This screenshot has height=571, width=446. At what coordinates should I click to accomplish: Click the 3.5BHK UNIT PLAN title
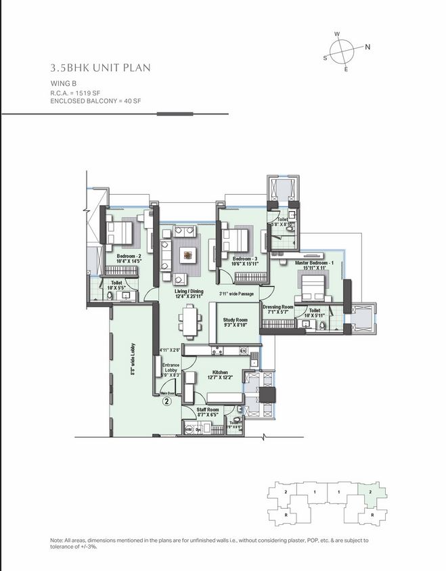click(x=100, y=67)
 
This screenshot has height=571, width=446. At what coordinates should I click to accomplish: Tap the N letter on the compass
click(x=368, y=47)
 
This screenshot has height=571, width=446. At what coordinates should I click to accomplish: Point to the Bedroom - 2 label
click(x=129, y=257)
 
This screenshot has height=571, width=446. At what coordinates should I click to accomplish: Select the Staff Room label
click(x=207, y=409)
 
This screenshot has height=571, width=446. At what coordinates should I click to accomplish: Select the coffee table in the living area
click(x=185, y=256)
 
